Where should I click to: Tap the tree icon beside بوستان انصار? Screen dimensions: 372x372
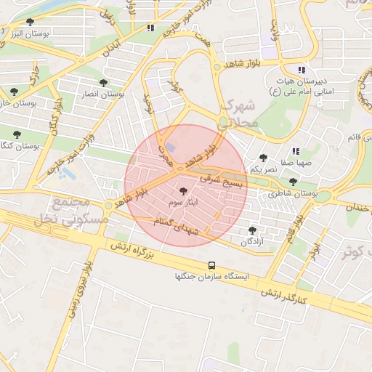103,83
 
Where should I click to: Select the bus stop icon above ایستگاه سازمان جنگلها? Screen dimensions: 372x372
211,265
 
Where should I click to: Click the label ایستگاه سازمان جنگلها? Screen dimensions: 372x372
211,277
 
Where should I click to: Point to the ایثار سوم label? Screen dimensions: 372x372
181,201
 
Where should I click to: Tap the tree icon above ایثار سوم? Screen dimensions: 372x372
182,191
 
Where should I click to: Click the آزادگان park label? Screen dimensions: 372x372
251,240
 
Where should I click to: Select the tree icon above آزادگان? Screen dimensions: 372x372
252,230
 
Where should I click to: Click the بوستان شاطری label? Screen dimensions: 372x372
293,194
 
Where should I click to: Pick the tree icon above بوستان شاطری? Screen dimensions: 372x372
293,183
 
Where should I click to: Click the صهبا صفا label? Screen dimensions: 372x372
297,163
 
